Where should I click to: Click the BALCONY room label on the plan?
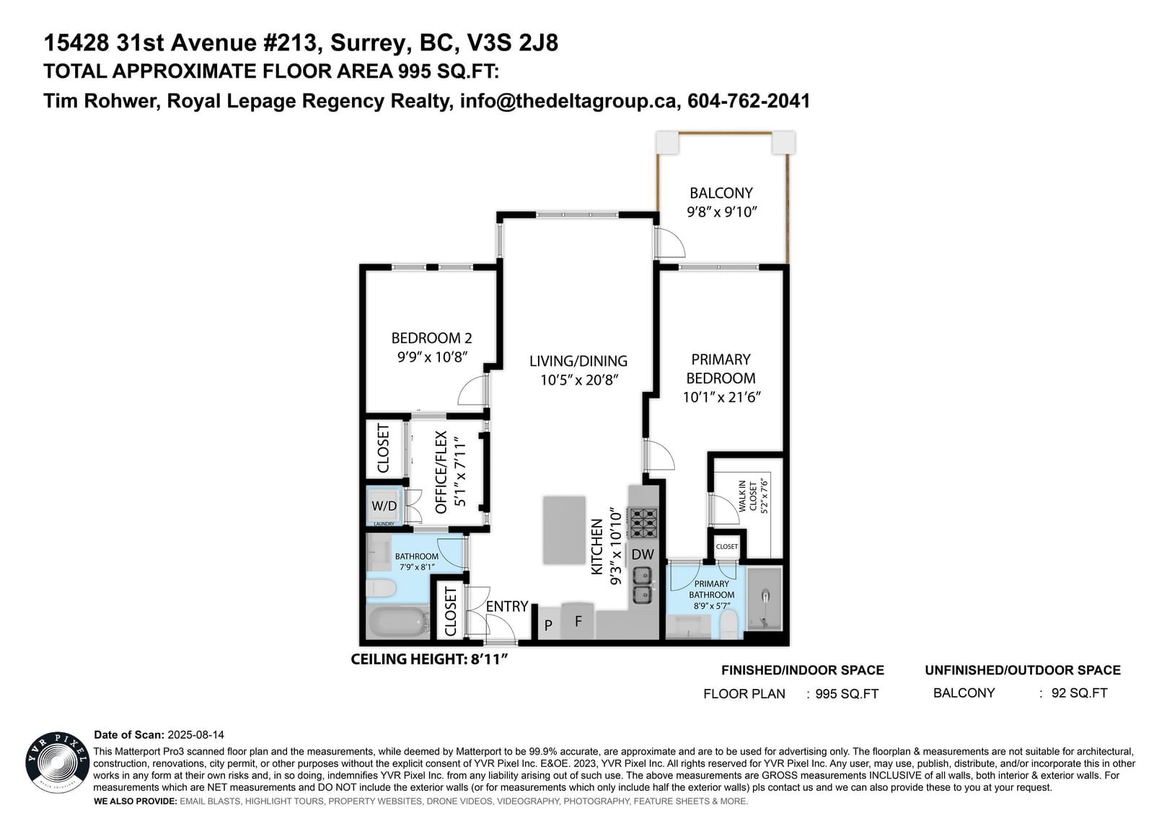[721, 193]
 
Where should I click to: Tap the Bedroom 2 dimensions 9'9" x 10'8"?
[432, 357]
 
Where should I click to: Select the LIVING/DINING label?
[578, 361]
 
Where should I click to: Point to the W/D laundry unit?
[384, 506]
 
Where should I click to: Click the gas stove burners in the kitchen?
[643, 523]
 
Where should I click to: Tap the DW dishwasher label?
[643, 554]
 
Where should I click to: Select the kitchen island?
[564, 530]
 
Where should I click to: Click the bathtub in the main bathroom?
[397, 623]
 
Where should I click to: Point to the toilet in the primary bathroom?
[728, 625]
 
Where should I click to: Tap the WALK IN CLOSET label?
[747, 496]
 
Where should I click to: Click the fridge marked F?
[578, 621]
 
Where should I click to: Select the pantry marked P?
[548, 625]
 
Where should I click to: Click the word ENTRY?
[507, 607]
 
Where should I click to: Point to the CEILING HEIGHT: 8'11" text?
[429, 659]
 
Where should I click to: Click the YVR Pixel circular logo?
[57, 763]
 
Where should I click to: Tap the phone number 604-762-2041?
[749, 101]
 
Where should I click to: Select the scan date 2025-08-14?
[195, 735]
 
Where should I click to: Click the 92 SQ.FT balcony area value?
[1079, 693]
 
